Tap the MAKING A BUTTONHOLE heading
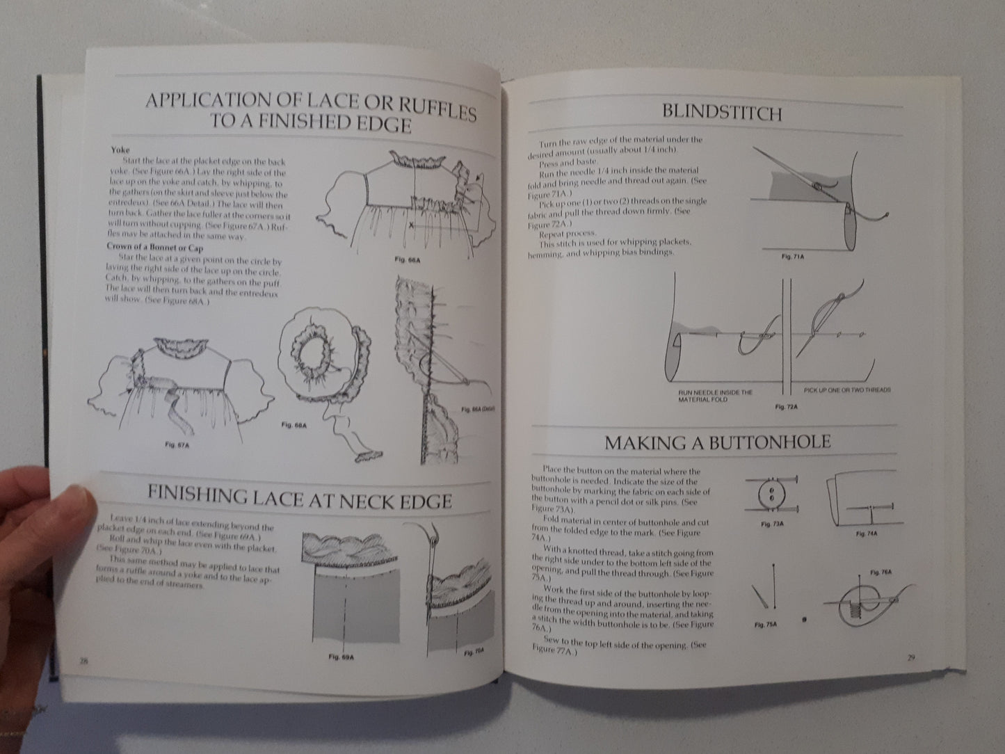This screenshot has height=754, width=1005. click(x=717, y=442)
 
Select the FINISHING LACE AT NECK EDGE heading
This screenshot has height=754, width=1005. click(x=299, y=498)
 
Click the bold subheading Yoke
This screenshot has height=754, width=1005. click(x=120, y=149)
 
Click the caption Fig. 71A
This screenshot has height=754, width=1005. click(x=792, y=257)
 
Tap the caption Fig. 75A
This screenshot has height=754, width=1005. click(x=765, y=625)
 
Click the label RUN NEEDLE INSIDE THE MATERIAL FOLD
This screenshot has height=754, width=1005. click(x=715, y=395)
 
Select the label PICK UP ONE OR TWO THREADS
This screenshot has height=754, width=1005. click(x=847, y=390)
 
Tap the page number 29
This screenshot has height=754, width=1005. click(x=910, y=659)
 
